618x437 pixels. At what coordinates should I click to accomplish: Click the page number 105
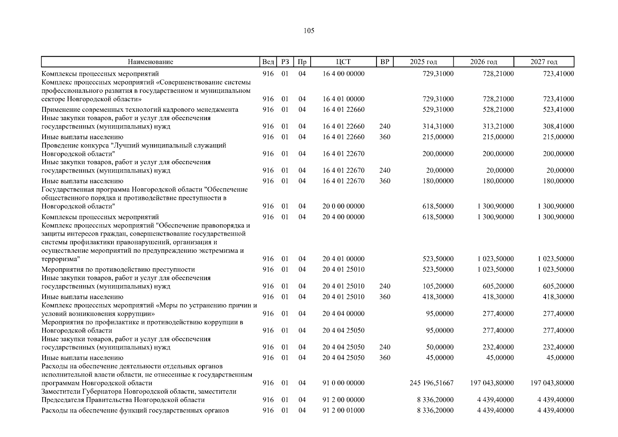[x=308, y=31]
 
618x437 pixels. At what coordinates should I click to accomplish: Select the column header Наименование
[x=150, y=62]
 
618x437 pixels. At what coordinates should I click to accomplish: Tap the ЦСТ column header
[x=343, y=62]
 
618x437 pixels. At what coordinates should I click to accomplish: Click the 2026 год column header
[x=483, y=62]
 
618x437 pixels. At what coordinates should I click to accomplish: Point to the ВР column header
[x=385, y=62]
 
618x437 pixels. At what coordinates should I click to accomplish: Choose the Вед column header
[x=268, y=62]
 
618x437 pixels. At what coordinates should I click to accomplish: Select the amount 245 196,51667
[x=432, y=383]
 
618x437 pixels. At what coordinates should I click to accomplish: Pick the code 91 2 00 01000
[x=343, y=410]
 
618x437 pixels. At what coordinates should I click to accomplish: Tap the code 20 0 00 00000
[x=343, y=206]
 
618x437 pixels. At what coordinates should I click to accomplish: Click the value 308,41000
[x=558, y=127]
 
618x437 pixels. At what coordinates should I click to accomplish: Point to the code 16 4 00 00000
[x=343, y=74]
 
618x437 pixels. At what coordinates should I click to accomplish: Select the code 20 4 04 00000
[x=343, y=314]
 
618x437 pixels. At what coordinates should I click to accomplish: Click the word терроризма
[x=60, y=259]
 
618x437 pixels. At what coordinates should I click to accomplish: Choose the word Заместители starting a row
[x=60, y=391]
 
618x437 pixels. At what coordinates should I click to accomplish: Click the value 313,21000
[x=498, y=127]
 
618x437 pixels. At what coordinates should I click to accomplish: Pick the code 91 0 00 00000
[x=343, y=383]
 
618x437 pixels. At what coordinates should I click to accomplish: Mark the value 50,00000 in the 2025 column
[x=440, y=347]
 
